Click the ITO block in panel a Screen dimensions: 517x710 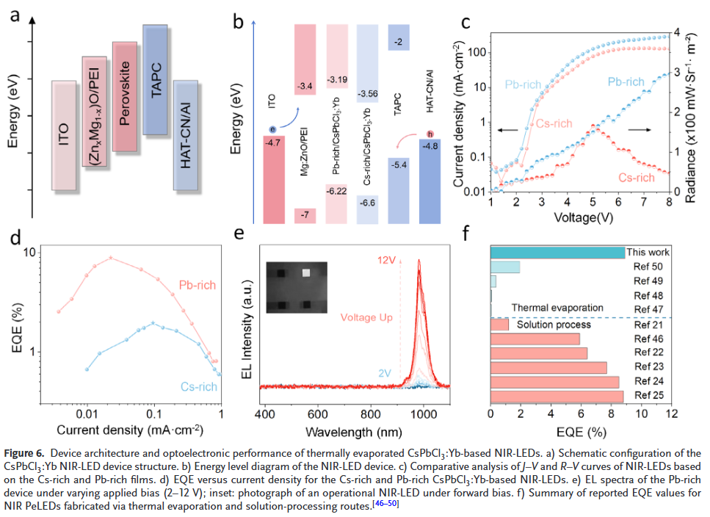[x=64, y=137]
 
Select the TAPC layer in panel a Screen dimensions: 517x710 [x=156, y=79]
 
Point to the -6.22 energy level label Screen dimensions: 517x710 [x=337, y=190]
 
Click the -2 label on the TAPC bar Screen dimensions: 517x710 [x=398, y=41]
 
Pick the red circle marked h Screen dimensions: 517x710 [x=430, y=134]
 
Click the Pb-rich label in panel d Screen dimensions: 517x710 [x=198, y=285]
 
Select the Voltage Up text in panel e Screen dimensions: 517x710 [x=366, y=318]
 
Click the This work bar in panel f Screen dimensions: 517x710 [x=557, y=253]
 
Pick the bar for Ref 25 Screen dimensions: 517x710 [x=557, y=396]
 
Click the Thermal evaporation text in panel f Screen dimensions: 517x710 [x=557, y=307]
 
